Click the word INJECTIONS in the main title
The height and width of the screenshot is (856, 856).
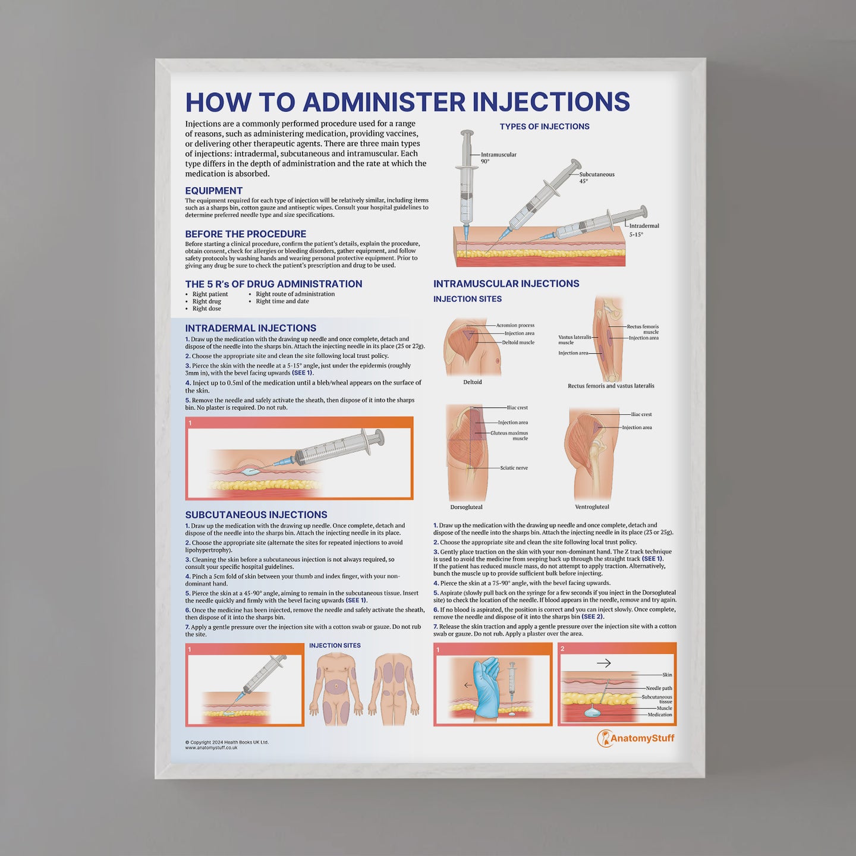550,102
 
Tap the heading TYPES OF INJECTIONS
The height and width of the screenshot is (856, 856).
545,127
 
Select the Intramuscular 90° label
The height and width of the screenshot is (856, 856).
498,158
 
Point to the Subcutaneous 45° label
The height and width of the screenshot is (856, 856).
596,177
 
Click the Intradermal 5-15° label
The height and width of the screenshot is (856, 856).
644,229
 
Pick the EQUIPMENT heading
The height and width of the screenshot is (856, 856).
213,191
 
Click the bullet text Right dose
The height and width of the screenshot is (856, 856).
206,309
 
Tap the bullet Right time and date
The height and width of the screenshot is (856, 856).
282,301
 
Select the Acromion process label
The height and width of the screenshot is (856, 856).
515,325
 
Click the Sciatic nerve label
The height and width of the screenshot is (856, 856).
514,468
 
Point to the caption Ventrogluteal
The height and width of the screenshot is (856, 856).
592,507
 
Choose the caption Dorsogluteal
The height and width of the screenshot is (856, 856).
466,507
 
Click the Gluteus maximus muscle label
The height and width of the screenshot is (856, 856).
509,436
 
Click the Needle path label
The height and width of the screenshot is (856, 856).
659,688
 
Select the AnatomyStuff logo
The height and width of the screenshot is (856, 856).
635,738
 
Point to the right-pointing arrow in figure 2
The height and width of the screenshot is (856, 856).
603,663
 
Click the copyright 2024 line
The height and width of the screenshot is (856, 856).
226,742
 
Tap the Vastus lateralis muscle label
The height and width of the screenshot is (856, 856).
574,339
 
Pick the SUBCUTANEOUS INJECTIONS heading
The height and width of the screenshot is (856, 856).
256,515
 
